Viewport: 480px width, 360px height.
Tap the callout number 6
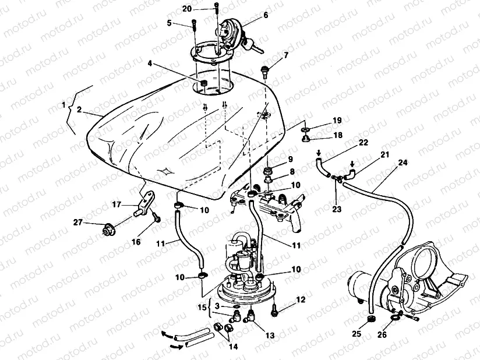click(x=266, y=16)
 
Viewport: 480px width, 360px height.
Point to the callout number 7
click(x=286, y=55)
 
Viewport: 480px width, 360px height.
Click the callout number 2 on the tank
click(x=79, y=109)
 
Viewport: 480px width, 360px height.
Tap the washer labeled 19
click(x=305, y=129)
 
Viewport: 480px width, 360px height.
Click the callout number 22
click(x=363, y=142)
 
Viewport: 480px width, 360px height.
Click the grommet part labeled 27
click(x=107, y=230)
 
